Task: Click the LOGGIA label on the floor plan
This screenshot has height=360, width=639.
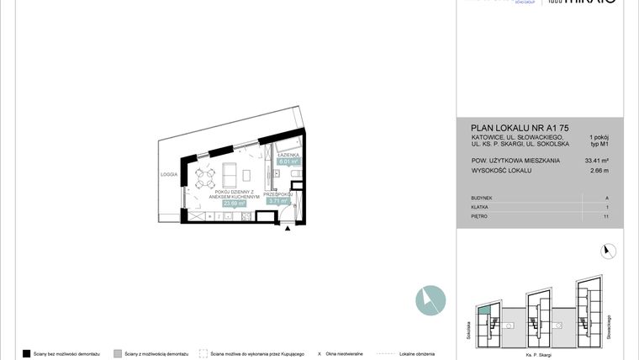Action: click(x=170, y=174)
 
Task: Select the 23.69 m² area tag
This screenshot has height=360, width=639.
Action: click(x=234, y=203)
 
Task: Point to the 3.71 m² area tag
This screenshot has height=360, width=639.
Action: click(x=277, y=201)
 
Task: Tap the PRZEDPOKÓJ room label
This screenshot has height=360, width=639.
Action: click(x=277, y=193)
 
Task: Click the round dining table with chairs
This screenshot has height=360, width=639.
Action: click(x=204, y=177)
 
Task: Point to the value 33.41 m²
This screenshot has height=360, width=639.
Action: click(x=596, y=160)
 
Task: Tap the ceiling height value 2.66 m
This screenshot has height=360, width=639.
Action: click(x=599, y=171)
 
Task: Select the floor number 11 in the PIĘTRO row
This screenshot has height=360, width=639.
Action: click(x=605, y=216)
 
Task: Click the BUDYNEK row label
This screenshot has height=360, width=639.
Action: click(x=483, y=198)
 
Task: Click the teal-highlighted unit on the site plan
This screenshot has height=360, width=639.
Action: click(x=483, y=312)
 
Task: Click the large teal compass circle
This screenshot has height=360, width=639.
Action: click(x=430, y=300)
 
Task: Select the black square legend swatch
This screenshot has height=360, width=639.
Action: click(x=27, y=354)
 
